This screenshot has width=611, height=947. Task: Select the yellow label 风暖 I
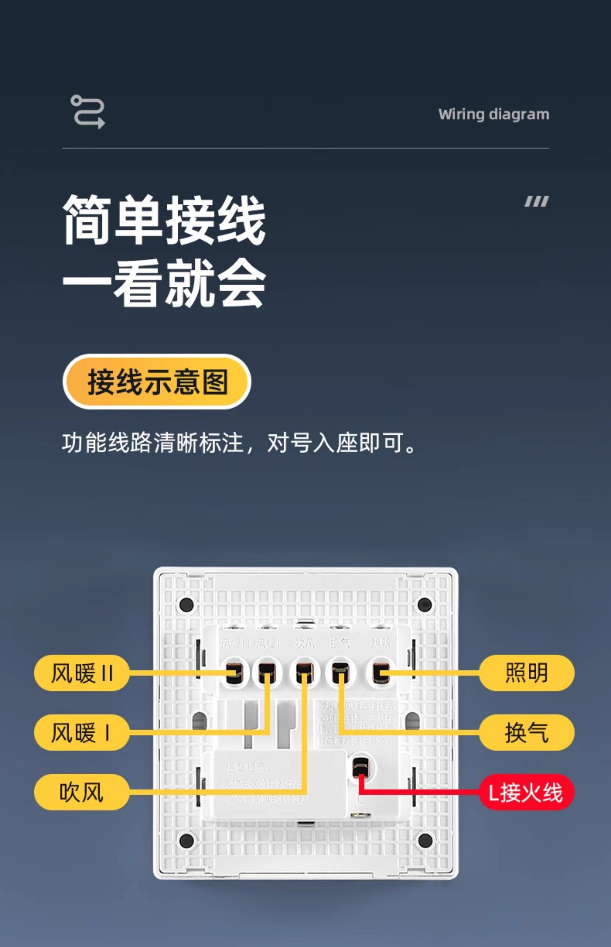click(81, 732)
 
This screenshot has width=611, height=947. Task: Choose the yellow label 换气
click(526, 732)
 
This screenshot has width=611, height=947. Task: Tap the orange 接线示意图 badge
click(157, 382)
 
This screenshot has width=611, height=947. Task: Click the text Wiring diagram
click(493, 114)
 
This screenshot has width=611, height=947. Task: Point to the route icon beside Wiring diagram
click(88, 111)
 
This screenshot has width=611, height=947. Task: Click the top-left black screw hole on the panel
click(187, 605)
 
